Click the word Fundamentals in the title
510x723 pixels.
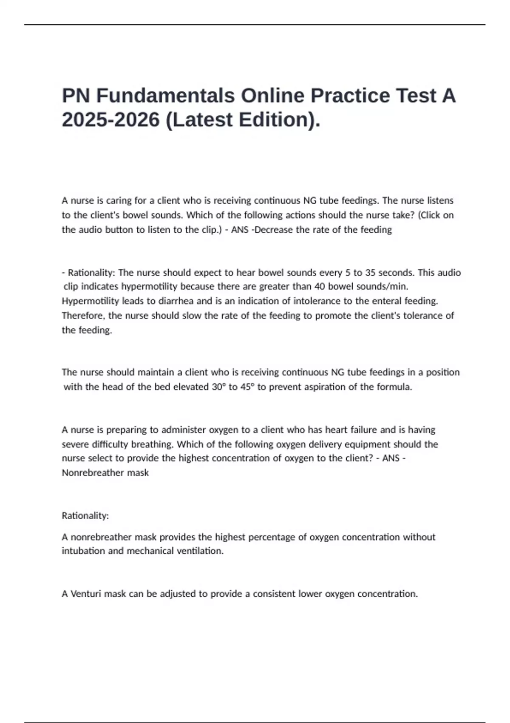[165, 95]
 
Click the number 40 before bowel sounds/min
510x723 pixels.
[320, 286]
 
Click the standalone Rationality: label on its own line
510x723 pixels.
[85, 515]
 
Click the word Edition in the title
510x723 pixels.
[276, 120]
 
